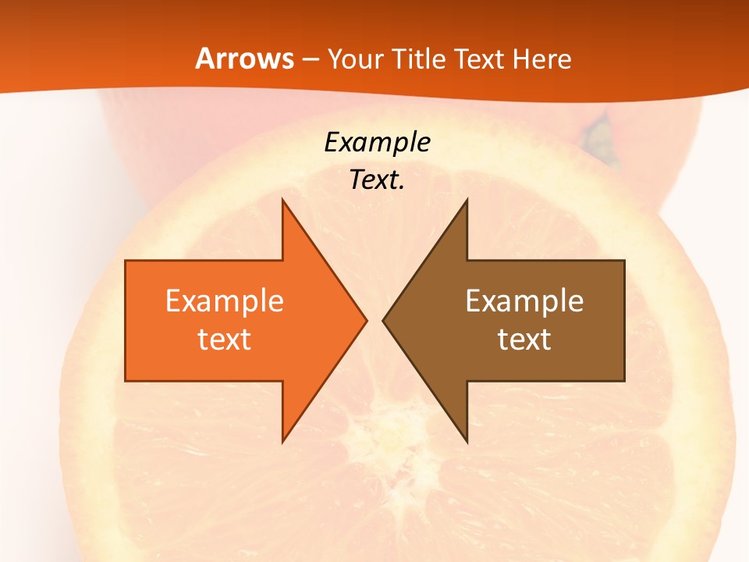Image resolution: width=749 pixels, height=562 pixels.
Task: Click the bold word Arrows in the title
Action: coord(243,59)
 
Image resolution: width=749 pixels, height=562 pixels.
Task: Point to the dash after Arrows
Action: coord(310,60)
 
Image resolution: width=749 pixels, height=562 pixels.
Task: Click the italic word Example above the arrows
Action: coord(377,143)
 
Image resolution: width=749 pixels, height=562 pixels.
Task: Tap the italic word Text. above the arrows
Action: coord(377,180)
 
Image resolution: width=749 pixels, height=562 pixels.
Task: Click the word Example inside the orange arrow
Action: coord(225,301)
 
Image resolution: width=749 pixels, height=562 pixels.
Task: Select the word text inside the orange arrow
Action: coord(225,340)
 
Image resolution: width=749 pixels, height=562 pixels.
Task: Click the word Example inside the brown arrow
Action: coord(524,301)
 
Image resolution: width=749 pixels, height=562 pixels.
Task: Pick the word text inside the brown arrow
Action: coord(524,340)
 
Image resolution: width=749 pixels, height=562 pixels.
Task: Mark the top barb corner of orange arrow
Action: coord(282,201)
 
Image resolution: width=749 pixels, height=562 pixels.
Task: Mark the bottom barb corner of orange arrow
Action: coord(282,440)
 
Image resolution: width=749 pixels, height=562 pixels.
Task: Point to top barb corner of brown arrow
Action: coord(467,201)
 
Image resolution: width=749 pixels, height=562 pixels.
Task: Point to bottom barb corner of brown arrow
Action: coord(467,440)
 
